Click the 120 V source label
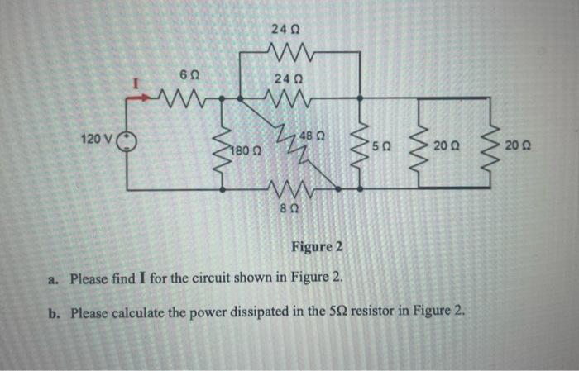point(98,137)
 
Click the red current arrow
point(135,97)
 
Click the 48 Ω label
point(312,136)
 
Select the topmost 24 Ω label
point(280,31)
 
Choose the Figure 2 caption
point(316,248)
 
